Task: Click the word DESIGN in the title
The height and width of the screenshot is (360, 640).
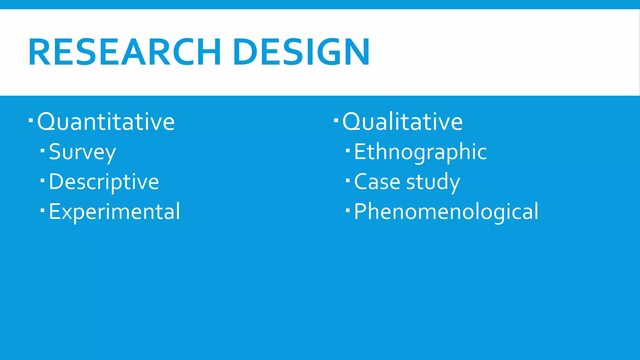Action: (301, 52)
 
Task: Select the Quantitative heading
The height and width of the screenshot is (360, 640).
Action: (106, 122)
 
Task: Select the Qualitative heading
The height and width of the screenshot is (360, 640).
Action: (402, 122)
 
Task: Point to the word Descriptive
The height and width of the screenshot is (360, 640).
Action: (104, 182)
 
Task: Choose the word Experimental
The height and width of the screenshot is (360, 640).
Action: (114, 212)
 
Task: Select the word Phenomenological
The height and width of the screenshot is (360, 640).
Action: (446, 212)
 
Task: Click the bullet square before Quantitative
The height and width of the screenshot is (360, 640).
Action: (31, 120)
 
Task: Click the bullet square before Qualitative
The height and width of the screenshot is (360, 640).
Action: (336, 120)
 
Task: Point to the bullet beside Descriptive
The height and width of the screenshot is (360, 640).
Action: (43, 181)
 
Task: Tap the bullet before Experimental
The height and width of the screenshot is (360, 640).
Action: (43, 210)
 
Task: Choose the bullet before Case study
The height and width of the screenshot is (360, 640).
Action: (348, 181)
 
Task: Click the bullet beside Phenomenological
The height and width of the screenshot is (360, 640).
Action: (348, 210)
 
